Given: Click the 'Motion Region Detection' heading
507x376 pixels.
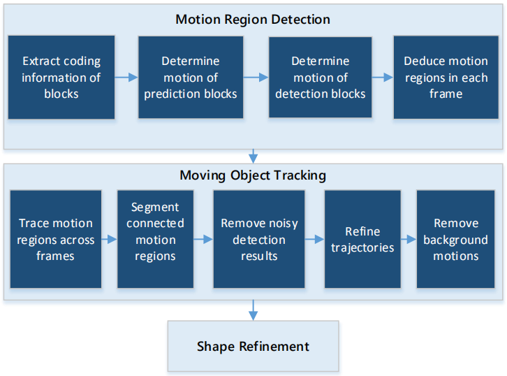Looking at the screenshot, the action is tap(253, 20).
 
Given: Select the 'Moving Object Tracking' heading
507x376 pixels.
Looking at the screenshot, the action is tap(253, 175).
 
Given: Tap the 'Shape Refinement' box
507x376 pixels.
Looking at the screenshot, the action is tap(253, 346).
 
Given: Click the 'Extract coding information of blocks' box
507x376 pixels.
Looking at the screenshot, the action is tap(61, 78).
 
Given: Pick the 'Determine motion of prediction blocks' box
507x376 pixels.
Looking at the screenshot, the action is tap(191, 78).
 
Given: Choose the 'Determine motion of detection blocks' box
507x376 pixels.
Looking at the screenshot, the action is tap(320, 78).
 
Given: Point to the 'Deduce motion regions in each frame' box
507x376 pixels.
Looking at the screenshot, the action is tap(446, 78).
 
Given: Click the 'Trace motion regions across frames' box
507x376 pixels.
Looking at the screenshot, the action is tap(56, 239).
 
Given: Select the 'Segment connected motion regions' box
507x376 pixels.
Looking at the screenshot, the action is tap(155, 239).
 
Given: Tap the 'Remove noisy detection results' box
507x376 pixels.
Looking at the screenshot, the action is tap(259, 239).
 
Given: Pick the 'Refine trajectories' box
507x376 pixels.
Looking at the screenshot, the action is tap(362, 239).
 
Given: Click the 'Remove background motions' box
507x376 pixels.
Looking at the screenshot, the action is tap(455, 239).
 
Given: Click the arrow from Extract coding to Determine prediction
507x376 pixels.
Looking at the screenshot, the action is tap(126, 78).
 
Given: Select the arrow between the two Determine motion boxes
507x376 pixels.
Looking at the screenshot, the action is tap(256, 78).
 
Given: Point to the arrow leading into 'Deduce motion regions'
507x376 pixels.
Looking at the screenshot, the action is tap(383, 78).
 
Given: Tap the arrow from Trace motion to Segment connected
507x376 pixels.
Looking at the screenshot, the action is tap(109, 240).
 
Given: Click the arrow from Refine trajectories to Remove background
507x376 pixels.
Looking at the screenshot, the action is tap(409, 240).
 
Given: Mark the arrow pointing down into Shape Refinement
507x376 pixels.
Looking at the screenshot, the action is tap(253, 310).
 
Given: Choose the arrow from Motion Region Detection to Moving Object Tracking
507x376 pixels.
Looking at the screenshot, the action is tap(253, 156).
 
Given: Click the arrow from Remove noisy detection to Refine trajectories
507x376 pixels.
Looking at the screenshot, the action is tap(315, 240).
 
